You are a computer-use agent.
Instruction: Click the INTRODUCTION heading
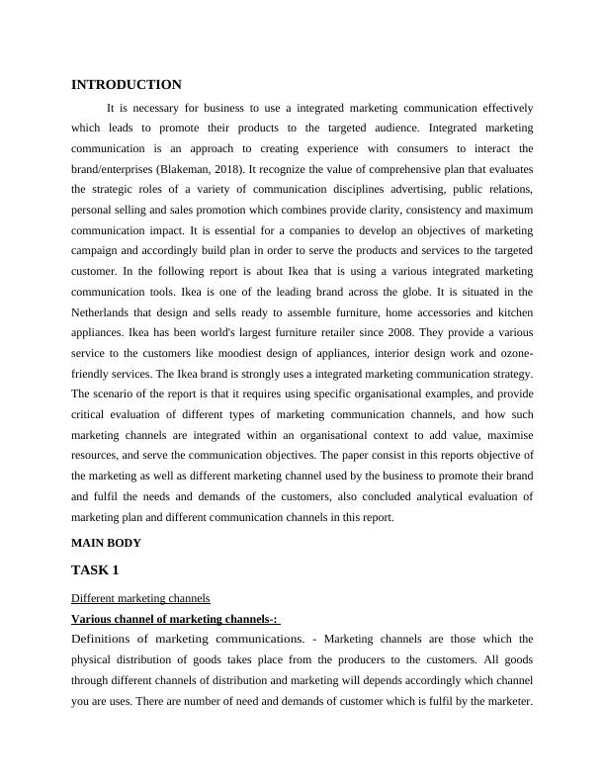127,85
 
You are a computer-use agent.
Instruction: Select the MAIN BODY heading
107,543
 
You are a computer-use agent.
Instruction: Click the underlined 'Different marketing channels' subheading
140,598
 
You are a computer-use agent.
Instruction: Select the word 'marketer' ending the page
505,701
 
